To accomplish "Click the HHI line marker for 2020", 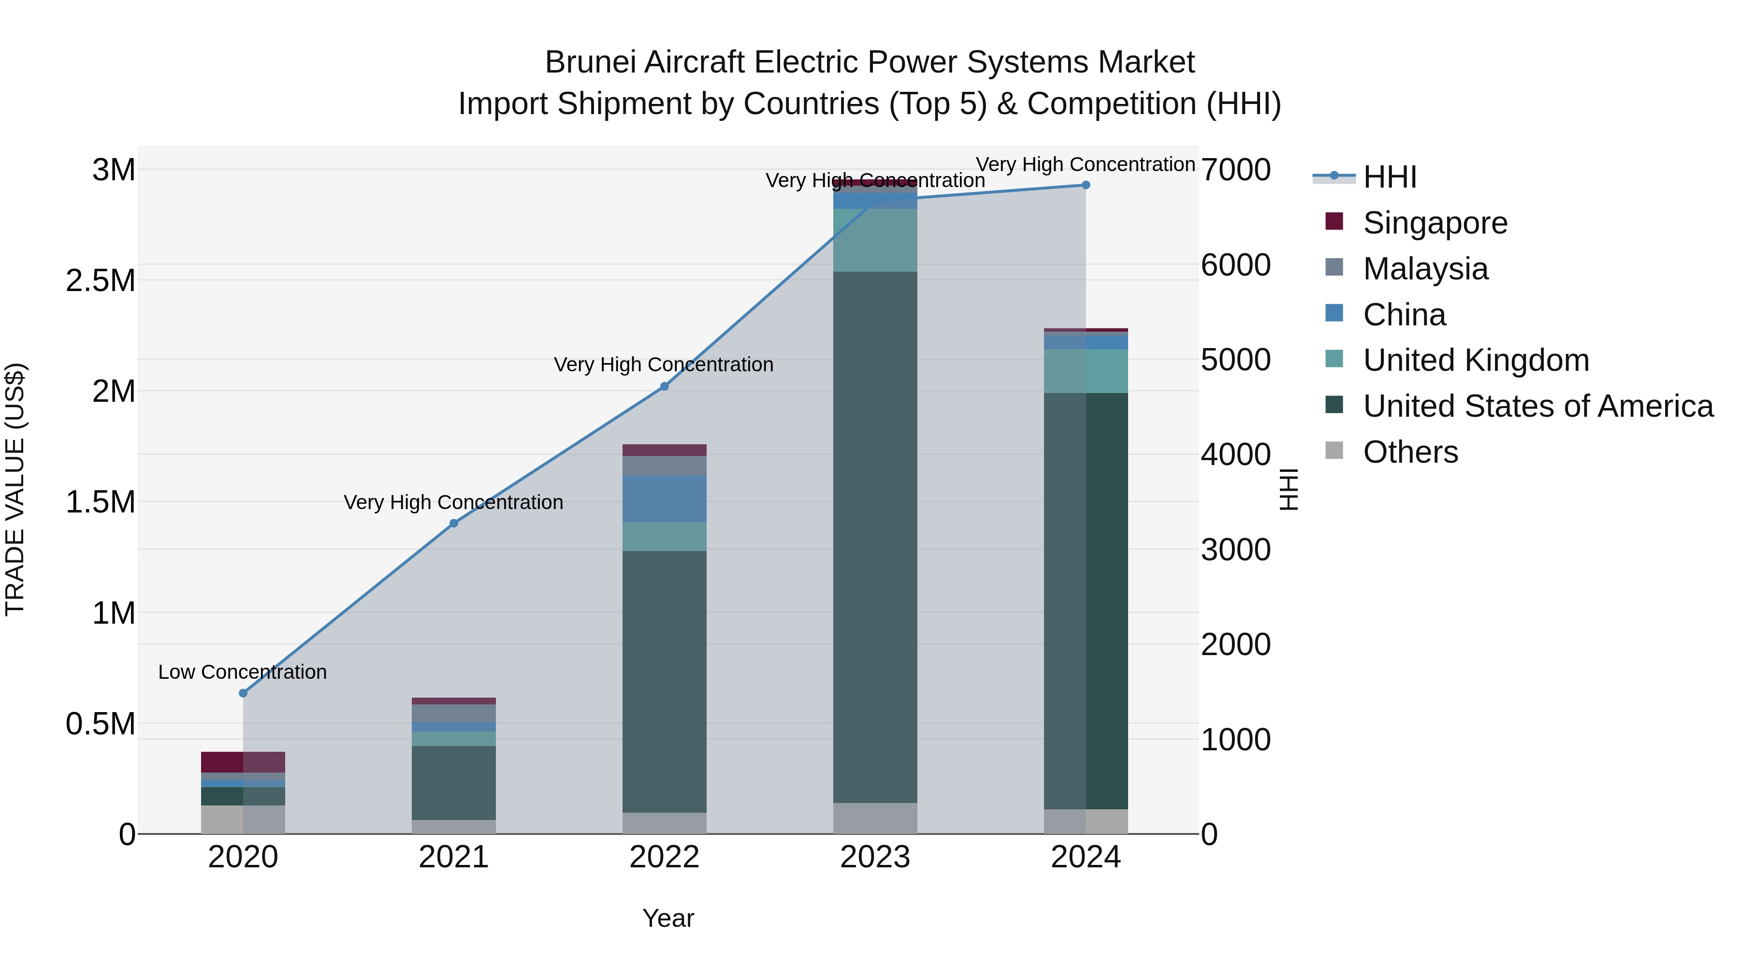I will pos(243,693).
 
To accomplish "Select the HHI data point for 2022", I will pos(664,386).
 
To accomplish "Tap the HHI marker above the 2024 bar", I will pos(1086,185).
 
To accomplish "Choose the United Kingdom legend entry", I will pos(1476,360).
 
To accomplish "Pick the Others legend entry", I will pos(1410,452).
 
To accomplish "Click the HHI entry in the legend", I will pos(1390,177).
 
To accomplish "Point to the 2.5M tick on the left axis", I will pos(101,280).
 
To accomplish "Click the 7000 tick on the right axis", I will pos(1235,170).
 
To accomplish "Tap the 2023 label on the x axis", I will pos(875,857).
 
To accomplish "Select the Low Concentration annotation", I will pos(243,672).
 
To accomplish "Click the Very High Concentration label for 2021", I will pos(453,503).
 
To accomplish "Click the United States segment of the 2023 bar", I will pos(875,537).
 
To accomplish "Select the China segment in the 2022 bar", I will pos(664,498).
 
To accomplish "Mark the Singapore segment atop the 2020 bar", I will pos(243,762).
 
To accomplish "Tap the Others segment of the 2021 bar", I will pos(453,827).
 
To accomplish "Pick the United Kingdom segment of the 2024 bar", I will pos(1086,371).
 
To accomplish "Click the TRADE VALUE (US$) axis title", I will pos(15,489).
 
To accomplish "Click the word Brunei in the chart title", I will pos(590,62).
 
